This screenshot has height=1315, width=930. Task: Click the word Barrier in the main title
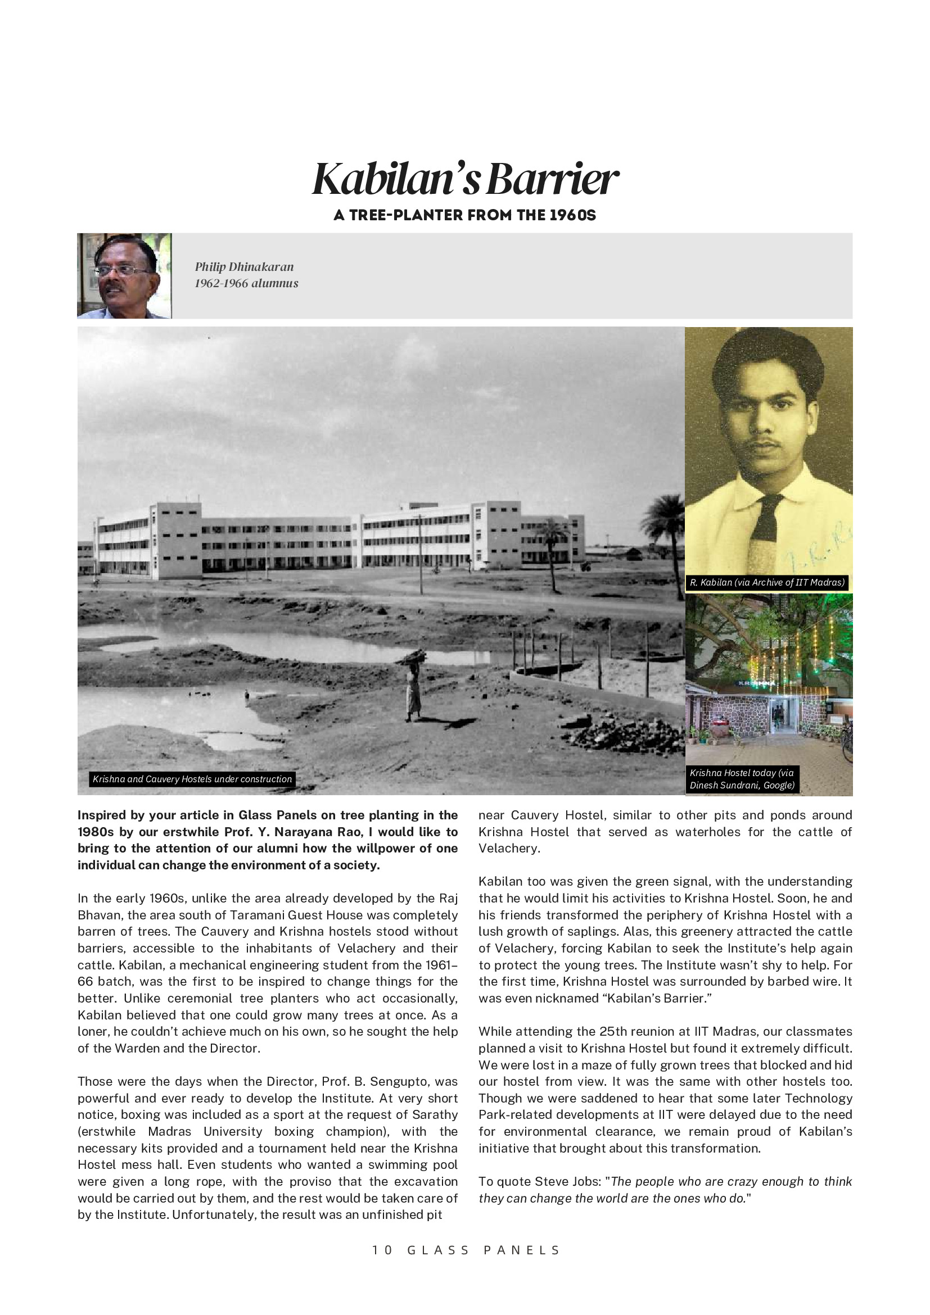tap(552, 179)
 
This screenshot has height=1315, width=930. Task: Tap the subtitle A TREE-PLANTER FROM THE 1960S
tap(464, 215)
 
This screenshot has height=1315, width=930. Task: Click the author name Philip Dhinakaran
tap(244, 267)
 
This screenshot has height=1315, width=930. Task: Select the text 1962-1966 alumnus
tap(246, 283)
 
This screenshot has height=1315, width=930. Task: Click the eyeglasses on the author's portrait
tap(123, 270)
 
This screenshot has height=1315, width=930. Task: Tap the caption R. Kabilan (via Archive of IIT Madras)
tap(767, 582)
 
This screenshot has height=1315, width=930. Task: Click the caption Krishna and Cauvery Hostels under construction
tap(192, 779)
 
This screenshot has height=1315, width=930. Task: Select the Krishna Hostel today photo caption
tap(742, 779)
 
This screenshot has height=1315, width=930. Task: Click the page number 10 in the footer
tap(382, 1250)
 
